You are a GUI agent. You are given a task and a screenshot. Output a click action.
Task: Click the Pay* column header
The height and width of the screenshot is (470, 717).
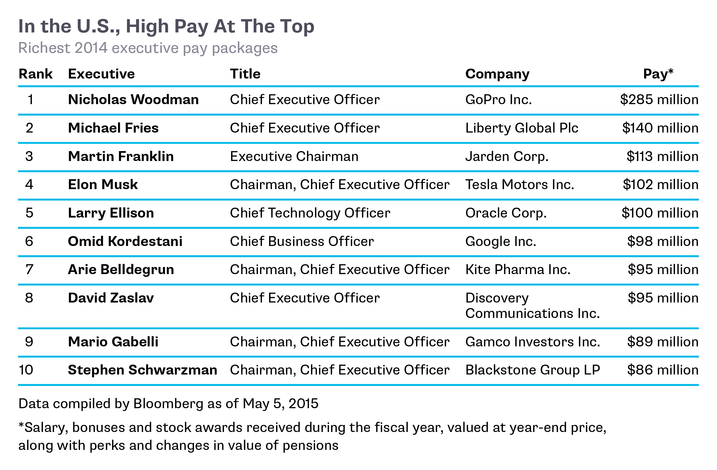pos(658,74)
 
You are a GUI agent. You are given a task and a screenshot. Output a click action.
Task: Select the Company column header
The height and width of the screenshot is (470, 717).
pos(497,74)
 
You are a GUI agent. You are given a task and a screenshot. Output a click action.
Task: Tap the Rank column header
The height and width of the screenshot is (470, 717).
pos(36,74)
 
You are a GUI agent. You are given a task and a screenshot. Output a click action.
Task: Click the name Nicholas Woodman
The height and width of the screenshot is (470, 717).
pos(133,100)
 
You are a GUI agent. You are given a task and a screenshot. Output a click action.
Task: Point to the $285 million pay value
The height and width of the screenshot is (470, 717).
pos(659,100)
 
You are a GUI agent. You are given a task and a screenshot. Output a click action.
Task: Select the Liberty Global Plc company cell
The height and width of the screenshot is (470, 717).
pos(521,128)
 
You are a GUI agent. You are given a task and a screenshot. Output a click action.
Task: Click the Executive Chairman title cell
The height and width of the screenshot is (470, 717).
pos(294,156)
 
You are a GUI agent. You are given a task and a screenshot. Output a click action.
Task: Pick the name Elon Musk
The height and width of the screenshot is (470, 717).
pos(103,184)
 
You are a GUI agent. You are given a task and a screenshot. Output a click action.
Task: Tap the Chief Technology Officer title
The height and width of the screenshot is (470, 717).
pos(310,213)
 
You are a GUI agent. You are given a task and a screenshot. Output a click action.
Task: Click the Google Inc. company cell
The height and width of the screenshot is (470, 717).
pos(500,241)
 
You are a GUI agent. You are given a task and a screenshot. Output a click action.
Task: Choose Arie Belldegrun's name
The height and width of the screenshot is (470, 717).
pos(121,269)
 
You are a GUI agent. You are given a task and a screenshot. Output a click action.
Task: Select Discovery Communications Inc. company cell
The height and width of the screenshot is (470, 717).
pos(532,306)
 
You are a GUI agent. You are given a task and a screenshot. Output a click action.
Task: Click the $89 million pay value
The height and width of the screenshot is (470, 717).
pos(663,342)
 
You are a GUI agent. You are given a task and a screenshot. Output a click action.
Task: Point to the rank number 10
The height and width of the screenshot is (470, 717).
pos(26,370)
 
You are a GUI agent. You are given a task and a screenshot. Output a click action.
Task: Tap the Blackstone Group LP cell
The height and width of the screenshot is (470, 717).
pos(533,370)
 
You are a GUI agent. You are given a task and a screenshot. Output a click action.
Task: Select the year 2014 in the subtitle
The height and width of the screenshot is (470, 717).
pos(91,48)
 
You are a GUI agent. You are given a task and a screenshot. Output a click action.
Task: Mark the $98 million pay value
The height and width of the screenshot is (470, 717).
pos(663,241)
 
